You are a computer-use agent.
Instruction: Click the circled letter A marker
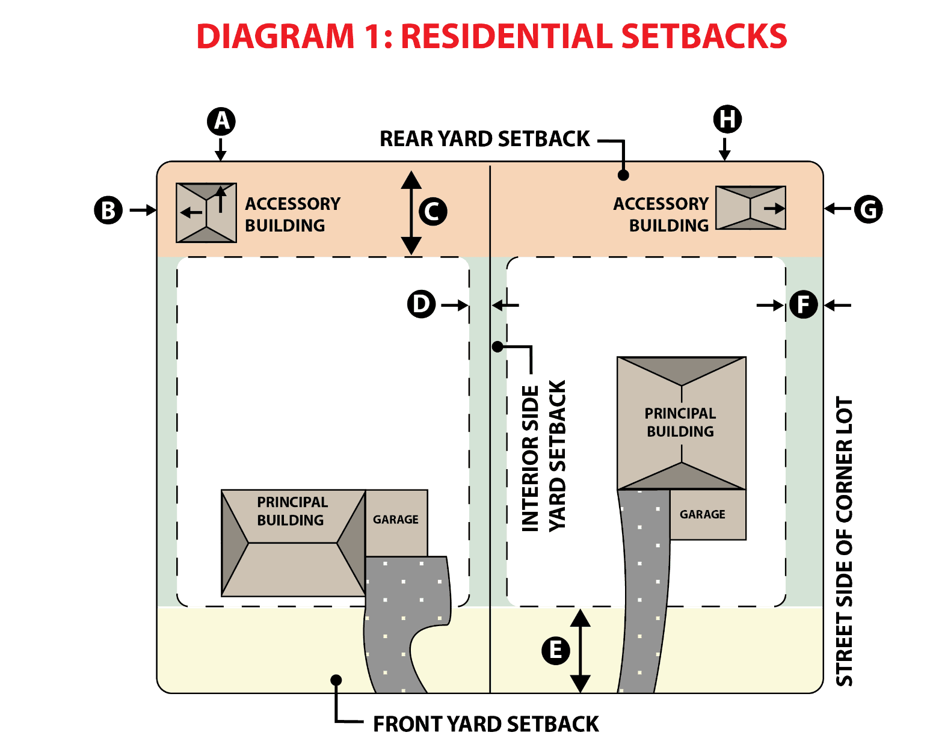click(221, 121)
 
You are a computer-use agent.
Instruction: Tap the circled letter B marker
click(108, 211)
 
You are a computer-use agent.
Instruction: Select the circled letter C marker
click(433, 212)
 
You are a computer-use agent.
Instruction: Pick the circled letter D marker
click(421, 304)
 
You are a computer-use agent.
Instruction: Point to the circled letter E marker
click(555, 650)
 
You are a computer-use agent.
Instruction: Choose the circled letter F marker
click(803, 304)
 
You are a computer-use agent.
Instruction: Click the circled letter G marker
click(868, 210)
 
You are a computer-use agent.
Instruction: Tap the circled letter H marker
click(727, 119)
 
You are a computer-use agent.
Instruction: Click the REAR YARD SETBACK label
click(485, 139)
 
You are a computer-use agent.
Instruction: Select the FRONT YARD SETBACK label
click(486, 724)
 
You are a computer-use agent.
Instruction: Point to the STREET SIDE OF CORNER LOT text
click(845, 541)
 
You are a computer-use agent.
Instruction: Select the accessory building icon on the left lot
click(206, 213)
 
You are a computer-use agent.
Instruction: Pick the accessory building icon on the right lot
click(750, 208)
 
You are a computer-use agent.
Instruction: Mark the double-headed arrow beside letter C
click(411, 212)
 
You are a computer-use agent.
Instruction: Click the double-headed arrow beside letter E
click(580, 651)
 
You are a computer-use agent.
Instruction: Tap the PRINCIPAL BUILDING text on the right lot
click(680, 422)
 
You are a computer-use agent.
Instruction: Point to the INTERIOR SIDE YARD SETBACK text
click(544, 457)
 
